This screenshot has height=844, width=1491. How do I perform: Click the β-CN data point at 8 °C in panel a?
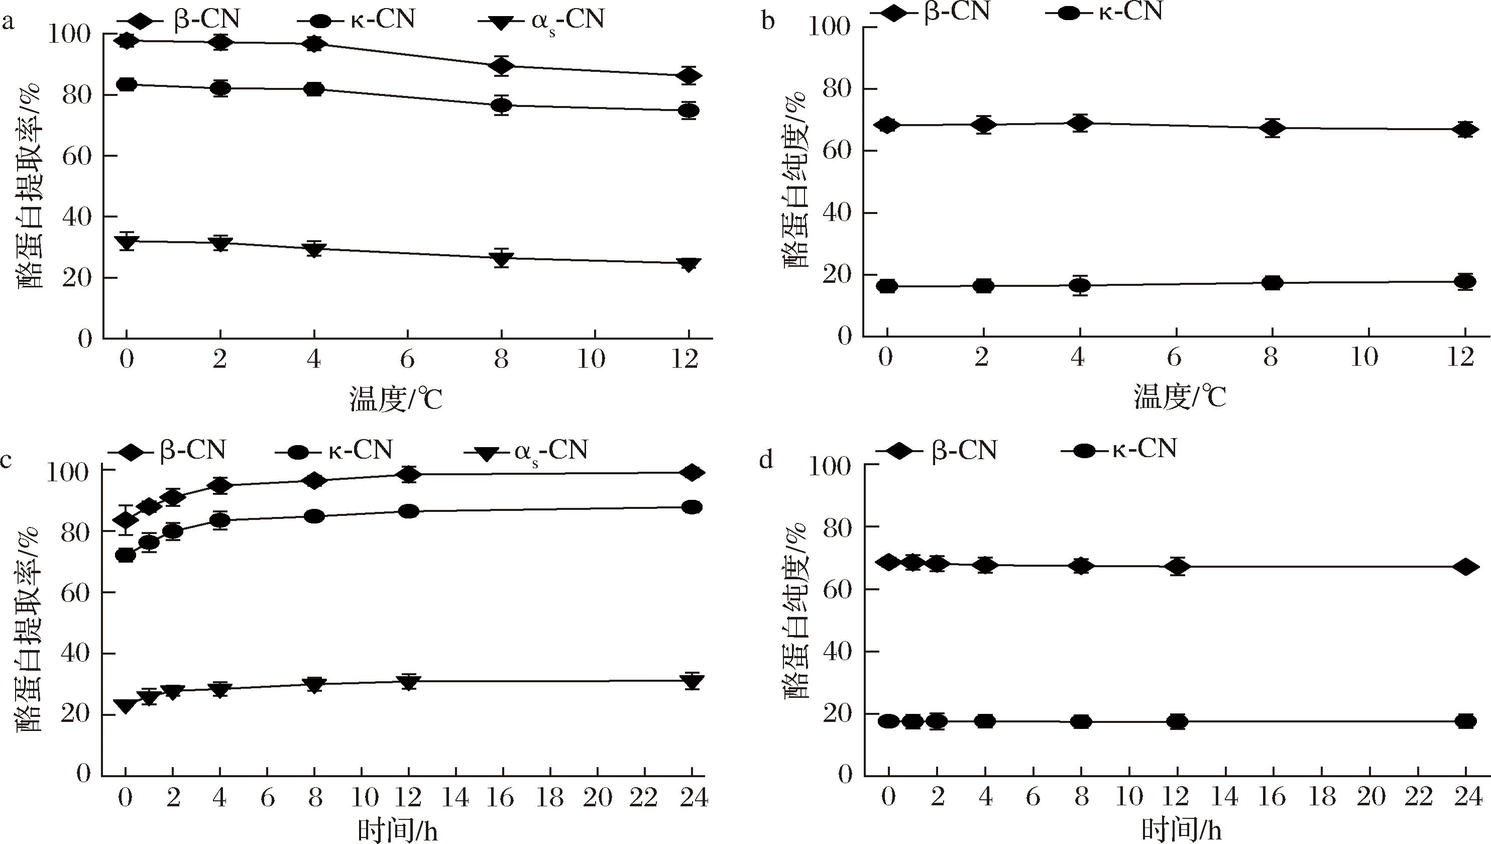click(502, 66)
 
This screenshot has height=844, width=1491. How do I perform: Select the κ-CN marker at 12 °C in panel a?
click(688, 110)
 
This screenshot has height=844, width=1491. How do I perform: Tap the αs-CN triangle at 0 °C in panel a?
click(126, 241)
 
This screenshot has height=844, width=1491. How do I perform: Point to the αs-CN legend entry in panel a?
click(541, 20)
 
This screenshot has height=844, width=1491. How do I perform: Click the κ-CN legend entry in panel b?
click(1103, 11)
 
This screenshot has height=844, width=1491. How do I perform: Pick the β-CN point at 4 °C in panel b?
click(1079, 123)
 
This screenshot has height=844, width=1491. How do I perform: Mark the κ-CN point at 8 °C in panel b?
click(1272, 283)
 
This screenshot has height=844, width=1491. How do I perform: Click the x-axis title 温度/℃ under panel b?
click(1179, 398)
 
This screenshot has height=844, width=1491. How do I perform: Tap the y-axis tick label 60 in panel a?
click(76, 156)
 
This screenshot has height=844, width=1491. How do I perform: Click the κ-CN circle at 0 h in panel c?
click(126, 555)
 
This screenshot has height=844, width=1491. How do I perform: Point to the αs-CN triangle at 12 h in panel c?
click(409, 682)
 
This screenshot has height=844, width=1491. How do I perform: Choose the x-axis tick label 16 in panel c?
click(502, 799)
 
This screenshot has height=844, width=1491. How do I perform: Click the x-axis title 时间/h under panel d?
click(1181, 830)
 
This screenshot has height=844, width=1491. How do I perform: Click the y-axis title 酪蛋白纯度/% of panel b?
click(797, 180)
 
